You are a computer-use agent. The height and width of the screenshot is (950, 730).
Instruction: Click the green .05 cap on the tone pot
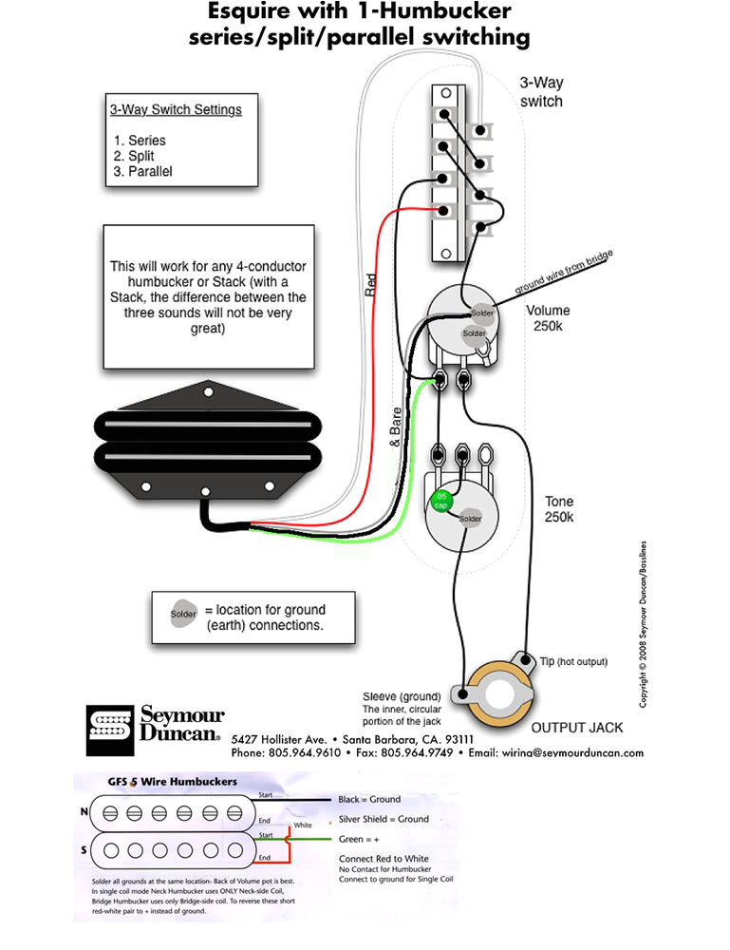(441, 500)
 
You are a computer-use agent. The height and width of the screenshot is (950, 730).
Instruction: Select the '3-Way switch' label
(541, 92)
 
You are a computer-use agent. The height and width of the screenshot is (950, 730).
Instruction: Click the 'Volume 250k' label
(548, 318)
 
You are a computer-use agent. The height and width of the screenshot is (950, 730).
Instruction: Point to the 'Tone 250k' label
(558, 509)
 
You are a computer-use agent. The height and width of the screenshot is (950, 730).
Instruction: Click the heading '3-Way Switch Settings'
(176, 109)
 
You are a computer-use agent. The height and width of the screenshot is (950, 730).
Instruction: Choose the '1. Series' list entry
(140, 141)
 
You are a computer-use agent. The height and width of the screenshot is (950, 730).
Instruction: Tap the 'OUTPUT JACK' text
(576, 728)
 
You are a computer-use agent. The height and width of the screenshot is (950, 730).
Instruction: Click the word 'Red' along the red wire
(371, 286)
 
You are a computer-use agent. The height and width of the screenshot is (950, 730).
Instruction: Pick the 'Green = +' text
(361, 840)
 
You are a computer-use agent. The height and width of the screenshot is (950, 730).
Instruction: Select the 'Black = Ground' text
(369, 800)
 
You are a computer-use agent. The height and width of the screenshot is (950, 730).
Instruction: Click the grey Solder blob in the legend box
(183, 614)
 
